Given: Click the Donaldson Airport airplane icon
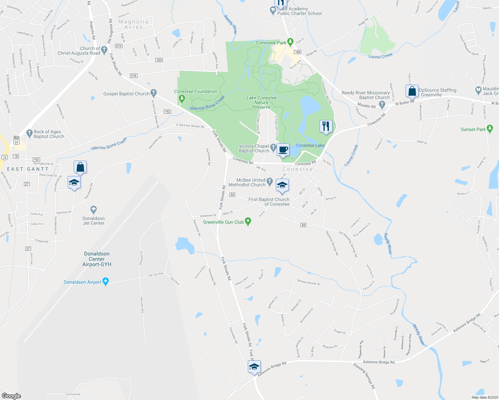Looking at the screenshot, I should point(106,282).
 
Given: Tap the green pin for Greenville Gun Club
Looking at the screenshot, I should point(248,221).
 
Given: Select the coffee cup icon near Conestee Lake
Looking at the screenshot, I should point(283,150).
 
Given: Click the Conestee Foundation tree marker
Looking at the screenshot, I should point(182,98).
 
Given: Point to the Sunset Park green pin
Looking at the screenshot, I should point(490,129).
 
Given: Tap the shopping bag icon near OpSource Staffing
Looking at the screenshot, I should point(412,91).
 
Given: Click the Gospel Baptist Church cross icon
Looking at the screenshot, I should point(153,93).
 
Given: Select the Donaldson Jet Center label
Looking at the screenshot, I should point(93,221).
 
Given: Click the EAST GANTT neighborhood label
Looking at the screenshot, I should point(28,169).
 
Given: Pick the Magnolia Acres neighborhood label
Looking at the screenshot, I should point(133,24).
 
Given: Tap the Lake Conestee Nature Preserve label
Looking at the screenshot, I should point(262,102).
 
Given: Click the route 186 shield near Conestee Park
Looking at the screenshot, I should point(298,52).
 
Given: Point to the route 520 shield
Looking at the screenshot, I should point(159,60).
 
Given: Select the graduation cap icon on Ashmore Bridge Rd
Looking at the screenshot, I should point(254,367).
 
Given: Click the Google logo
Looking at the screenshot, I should point(11,396).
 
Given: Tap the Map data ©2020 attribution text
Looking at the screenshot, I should point(484,397).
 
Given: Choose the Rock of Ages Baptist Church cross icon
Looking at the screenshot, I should point(29,133).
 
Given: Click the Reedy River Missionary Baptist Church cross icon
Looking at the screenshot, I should point(382,105).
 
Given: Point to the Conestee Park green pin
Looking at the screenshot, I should point(290,42).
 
